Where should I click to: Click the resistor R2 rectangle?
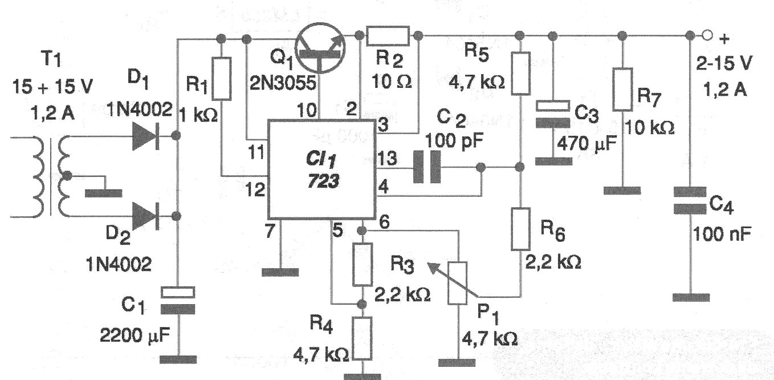click(388, 35)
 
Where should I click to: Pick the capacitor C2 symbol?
click(427, 167)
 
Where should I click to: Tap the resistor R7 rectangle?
click(622, 90)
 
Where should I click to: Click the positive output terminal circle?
click(707, 35)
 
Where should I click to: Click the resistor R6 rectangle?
click(520, 229)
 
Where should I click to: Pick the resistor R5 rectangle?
click(520, 73)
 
